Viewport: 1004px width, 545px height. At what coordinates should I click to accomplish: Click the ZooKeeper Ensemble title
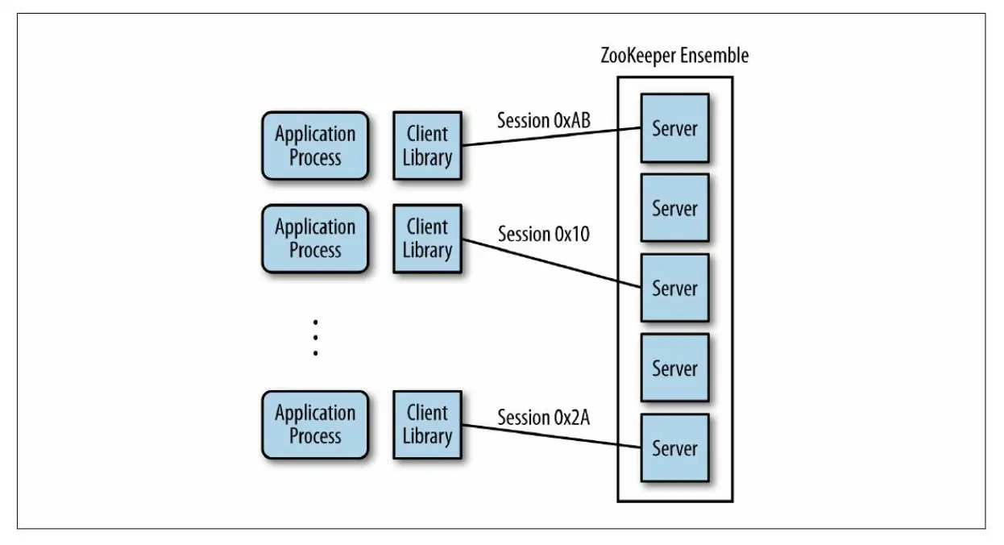[x=675, y=56]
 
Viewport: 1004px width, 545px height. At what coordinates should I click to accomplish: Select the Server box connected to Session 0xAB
[x=674, y=128]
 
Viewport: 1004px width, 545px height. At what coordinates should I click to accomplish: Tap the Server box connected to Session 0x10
[x=674, y=288]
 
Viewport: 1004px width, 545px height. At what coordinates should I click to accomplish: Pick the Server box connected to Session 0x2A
[x=674, y=447]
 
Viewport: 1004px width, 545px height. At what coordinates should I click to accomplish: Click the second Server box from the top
[x=674, y=208]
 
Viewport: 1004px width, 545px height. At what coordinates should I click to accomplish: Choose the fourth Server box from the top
[x=674, y=368]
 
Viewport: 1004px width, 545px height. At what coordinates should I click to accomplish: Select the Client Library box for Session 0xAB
[x=427, y=146]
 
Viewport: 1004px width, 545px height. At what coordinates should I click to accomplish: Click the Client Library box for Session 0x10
[x=427, y=238]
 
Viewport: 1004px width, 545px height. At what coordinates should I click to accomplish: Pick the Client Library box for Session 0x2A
[x=427, y=425]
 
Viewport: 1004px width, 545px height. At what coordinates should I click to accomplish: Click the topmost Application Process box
[x=314, y=146]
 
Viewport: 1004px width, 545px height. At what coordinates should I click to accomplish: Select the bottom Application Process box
[x=314, y=425]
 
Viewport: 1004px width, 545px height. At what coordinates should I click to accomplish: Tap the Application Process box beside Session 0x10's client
[x=314, y=238]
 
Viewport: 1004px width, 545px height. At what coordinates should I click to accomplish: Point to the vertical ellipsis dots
[x=316, y=337]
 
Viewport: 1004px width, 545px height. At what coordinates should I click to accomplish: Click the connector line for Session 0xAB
[x=551, y=137]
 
